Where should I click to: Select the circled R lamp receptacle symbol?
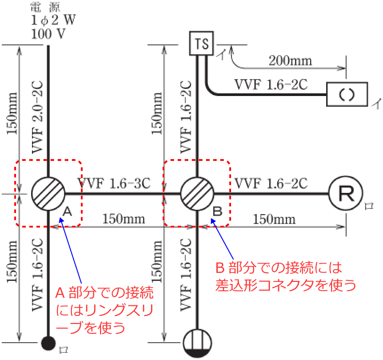pos(345,194)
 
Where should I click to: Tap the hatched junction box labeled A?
pos(48,194)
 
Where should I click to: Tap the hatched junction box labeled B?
pos(197,194)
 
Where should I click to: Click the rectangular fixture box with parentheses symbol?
pos(347,94)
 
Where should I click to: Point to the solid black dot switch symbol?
pos(48,343)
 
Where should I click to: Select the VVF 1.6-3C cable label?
pos(114,182)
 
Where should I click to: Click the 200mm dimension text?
pos(290,60)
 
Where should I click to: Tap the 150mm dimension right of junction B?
pos(274,219)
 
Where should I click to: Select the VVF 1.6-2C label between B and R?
pos(271,183)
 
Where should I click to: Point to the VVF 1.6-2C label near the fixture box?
pos(271,84)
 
